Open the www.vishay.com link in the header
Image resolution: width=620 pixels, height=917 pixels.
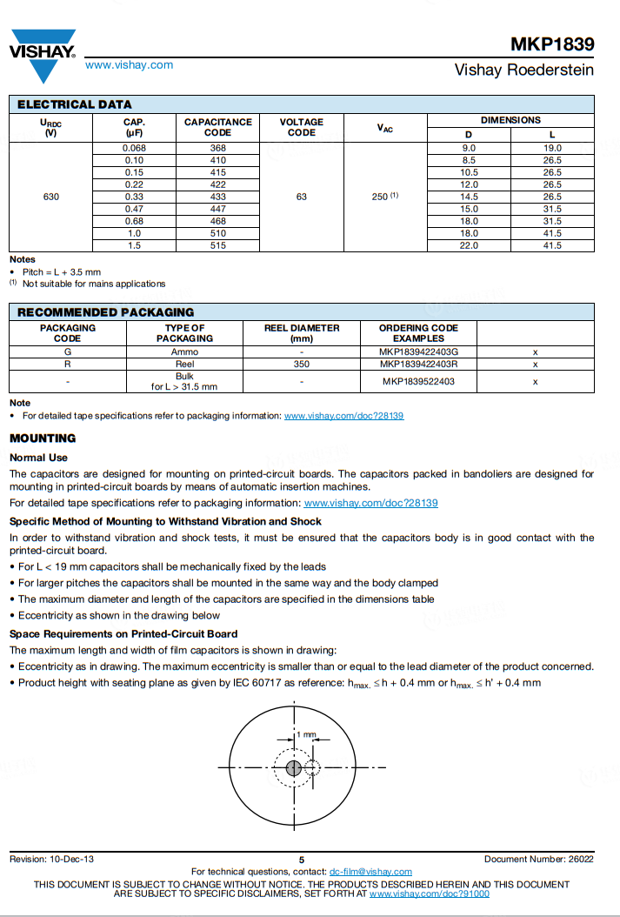click(x=129, y=65)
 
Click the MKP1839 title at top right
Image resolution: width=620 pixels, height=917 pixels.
click(x=552, y=44)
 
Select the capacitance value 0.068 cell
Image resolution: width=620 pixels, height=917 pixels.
click(x=134, y=148)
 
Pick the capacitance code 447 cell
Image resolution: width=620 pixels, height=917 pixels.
click(x=217, y=209)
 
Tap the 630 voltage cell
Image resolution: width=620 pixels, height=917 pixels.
click(x=51, y=197)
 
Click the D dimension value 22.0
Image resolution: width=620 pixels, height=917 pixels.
click(x=469, y=245)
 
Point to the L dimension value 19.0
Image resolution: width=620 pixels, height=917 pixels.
click(x=552, y=148)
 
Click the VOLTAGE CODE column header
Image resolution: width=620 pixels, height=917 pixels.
click(x=301, y=127)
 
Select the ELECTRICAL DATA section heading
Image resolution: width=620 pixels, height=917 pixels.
click(x=75, y=104)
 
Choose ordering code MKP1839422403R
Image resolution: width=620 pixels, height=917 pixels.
click(x=418, y=364)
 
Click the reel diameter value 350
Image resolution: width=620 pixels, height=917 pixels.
click(x=302, y=364)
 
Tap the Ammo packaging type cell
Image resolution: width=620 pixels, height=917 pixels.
click(x=184, y=351)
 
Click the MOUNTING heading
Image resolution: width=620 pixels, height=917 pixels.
click(x=43, y=438)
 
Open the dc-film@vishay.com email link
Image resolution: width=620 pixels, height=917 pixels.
click(x=370, y=872)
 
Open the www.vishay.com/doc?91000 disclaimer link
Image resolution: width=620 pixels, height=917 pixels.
click(x=430, y=894)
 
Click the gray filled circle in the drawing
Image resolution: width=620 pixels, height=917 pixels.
click(x=293, y=767)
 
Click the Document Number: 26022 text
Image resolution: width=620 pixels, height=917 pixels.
click(x=539, y=860)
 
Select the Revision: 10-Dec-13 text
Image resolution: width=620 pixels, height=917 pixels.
click(x=51, y=860)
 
